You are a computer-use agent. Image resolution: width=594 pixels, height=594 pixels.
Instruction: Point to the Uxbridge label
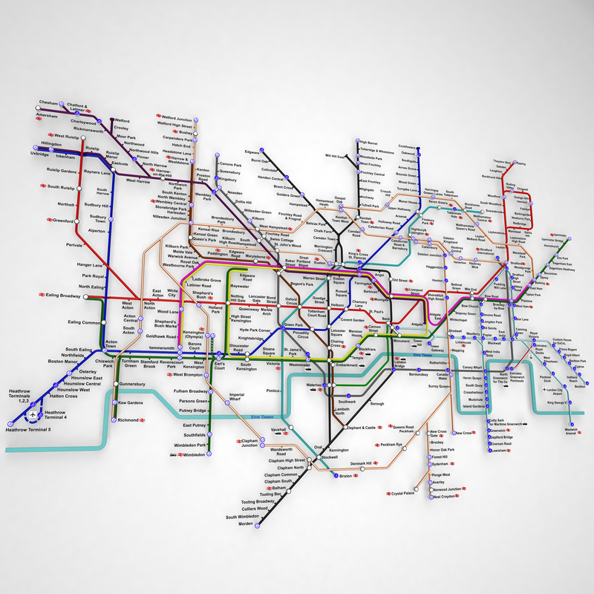[39, 154]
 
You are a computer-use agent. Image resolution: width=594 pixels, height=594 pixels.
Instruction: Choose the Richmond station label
[128, 420]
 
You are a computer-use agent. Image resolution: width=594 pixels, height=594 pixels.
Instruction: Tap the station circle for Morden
[257, 525]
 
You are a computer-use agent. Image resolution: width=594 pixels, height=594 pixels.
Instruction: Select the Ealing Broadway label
[63, 296]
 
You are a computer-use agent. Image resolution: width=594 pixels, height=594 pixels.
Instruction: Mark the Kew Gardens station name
[131, 403]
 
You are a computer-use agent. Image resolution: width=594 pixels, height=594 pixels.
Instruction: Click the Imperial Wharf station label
[237, 397]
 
